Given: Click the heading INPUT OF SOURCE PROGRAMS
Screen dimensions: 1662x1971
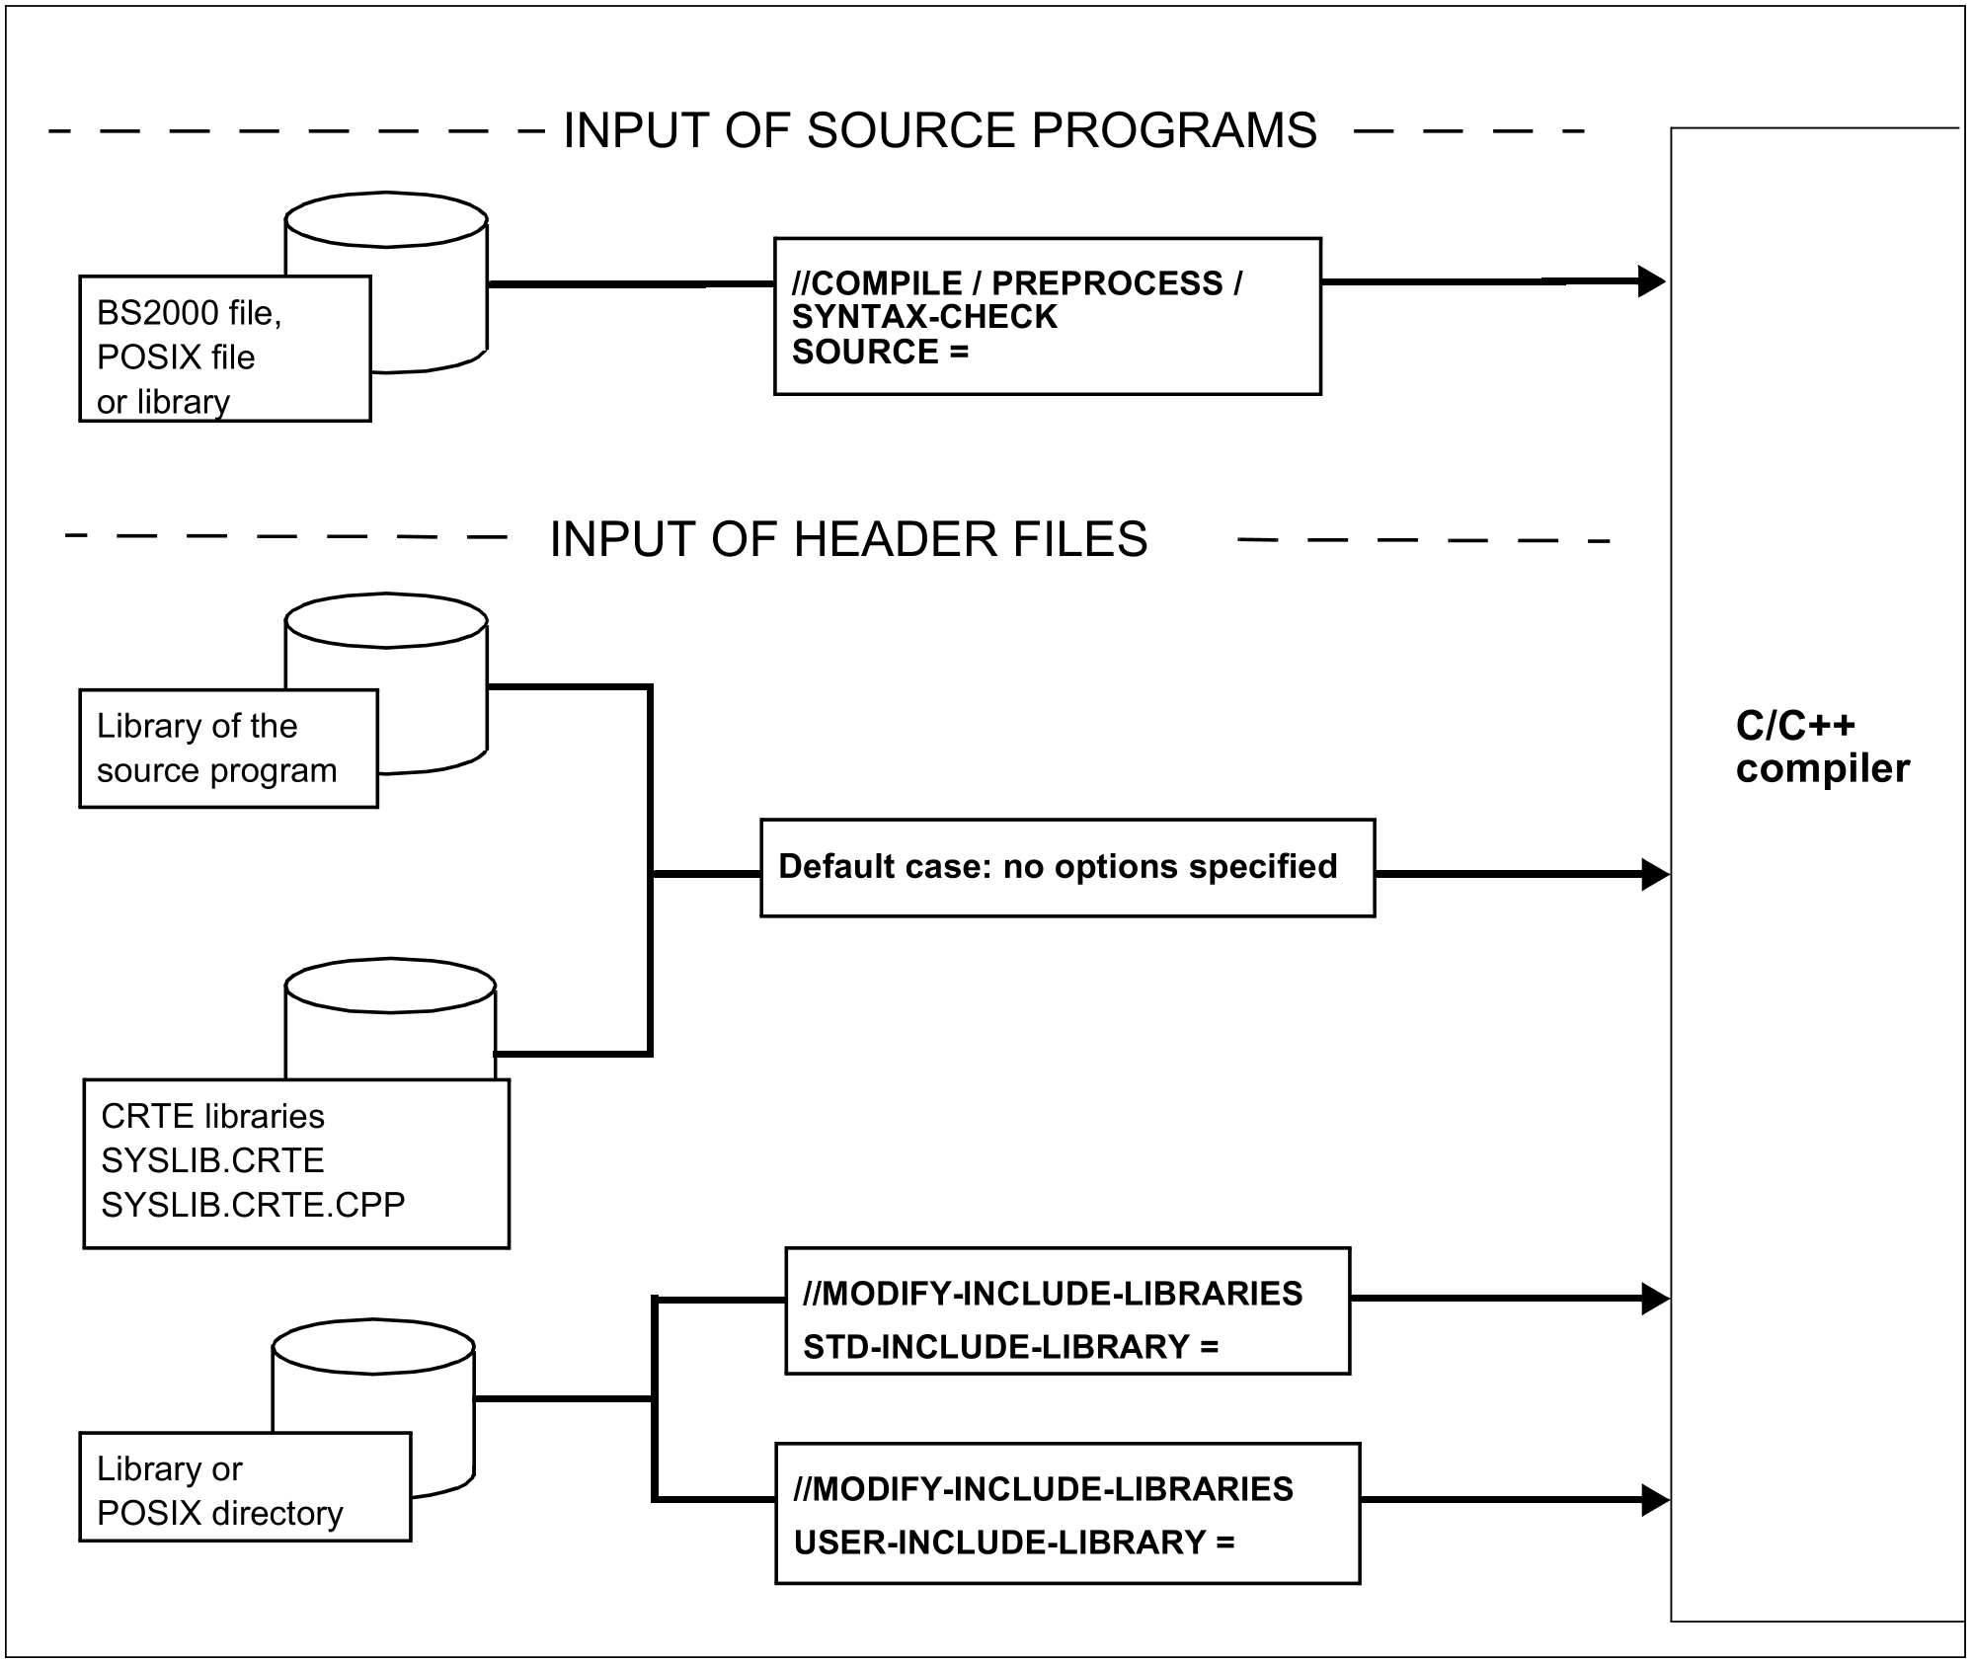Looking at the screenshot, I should tap(939, 131).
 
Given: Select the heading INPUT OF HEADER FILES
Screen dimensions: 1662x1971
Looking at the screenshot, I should tap(848, 539).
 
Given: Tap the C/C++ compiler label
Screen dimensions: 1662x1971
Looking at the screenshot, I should tap(1822, 748).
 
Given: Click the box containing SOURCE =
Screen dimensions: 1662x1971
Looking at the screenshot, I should tap(1047, 316).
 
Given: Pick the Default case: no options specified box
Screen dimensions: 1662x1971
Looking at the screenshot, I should tap(1066, 867).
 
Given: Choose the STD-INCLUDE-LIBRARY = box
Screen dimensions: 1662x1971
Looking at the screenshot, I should tap(1066, 1310).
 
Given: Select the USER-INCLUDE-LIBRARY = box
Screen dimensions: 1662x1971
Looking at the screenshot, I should tap(1066, 1513).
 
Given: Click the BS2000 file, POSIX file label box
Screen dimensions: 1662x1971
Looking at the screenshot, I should tap(224, 349).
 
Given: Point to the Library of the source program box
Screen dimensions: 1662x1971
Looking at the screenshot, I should tap(228, 748).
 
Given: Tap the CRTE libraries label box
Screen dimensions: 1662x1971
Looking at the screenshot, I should tap(296, 1162).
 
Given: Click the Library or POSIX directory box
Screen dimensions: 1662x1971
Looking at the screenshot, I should tap(245, 1486).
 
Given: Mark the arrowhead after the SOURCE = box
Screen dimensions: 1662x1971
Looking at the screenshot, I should tap(1651, 281).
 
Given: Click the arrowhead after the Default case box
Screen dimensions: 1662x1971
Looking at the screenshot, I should tap(1654, 874).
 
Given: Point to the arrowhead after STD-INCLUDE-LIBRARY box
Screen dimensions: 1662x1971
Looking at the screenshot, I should tap(1654, 1299).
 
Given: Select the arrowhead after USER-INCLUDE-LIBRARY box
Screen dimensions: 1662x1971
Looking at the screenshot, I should tap(1654, 1500).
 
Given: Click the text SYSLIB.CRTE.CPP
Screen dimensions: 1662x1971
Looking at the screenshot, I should tap(253, 1205).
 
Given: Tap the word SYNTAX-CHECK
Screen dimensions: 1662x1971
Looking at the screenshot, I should tap(924, 317).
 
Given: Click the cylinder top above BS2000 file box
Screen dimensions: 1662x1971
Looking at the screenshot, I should tap(386, 219).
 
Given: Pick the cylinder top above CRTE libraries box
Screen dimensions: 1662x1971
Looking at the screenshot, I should tap(390, 986).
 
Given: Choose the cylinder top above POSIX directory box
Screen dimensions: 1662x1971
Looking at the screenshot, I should tap(373, 1346).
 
